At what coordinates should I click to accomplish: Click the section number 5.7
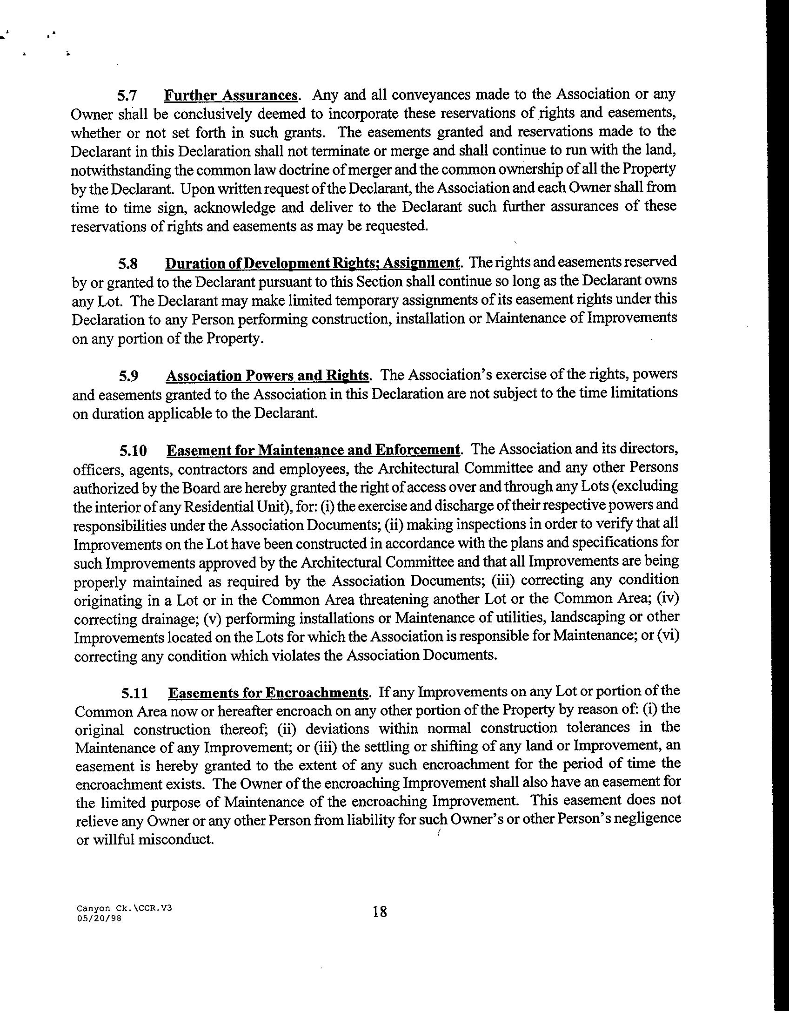point(126,96)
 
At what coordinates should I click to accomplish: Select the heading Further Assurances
point(231,95)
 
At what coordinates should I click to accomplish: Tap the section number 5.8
point(127,264)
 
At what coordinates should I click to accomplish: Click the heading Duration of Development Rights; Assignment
point(313,263)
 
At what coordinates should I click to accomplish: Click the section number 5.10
point(133,451)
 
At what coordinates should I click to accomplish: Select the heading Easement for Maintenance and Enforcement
point(314,450)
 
